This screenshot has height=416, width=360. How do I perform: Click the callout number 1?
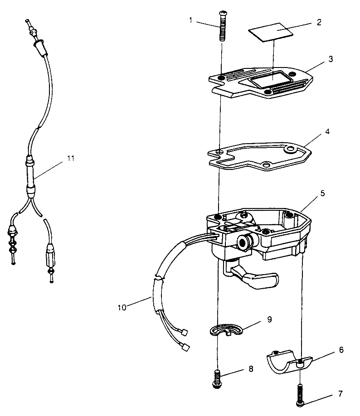tap(190, 20)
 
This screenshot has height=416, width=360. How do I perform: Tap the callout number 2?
tap(319, 22)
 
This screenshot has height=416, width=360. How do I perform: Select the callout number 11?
tap(70, 159)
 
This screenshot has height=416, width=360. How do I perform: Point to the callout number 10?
tap(122, 308)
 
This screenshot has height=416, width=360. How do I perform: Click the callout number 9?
tap(269, 319)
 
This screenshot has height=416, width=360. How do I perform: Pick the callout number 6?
tap(341, 350)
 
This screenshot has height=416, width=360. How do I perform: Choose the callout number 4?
tap(327, 131)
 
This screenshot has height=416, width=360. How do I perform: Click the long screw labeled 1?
tap(222, 26)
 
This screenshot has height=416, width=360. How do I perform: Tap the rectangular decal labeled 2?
tap(271, 32)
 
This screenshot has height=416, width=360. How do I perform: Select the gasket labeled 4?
tap(259, 156)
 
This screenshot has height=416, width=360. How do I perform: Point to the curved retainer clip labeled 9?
tap(226, 329)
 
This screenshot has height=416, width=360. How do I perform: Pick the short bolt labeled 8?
tap(217, 379)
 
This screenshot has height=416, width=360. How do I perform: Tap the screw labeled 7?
tap(300, 395)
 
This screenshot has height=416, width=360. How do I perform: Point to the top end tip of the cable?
tap(27, 20)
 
